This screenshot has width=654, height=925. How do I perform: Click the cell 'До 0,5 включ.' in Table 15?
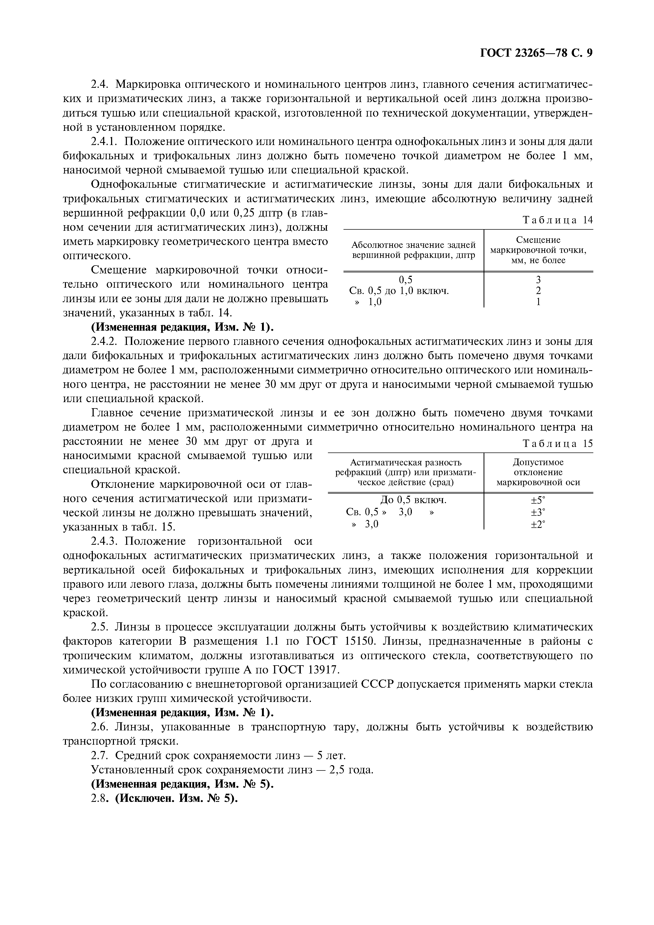[x=413, y=500]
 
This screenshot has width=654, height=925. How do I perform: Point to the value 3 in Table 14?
[x=538, y=279]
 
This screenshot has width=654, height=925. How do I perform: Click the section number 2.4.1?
[x=104, y=142]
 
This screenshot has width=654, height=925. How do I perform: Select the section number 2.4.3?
[x=104, y=541]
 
